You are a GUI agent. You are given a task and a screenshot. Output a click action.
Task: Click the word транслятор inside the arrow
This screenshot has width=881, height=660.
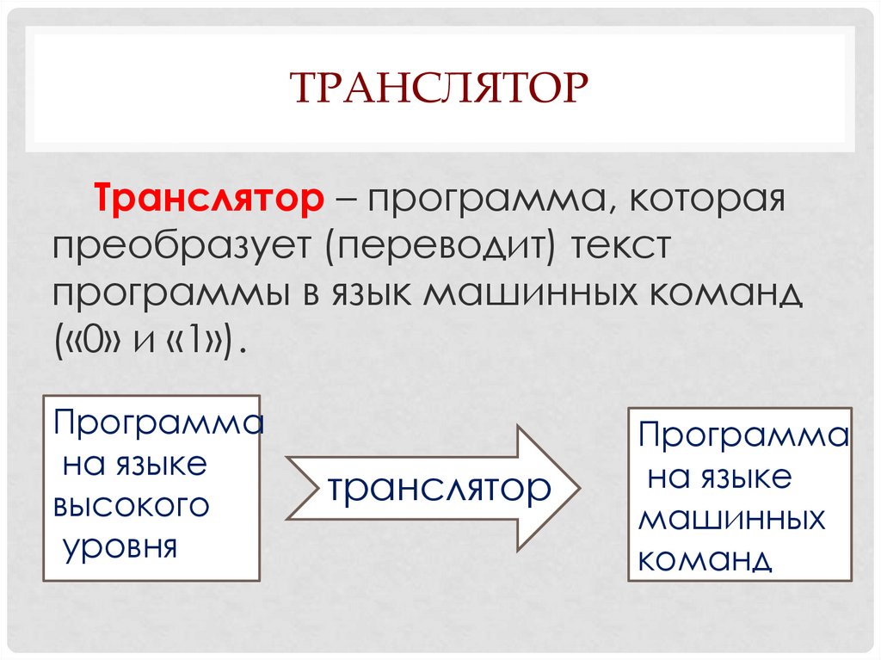click(x=437, y=488)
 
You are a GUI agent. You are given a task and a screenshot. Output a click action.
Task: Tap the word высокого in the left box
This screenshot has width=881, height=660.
click(x=132, y=505)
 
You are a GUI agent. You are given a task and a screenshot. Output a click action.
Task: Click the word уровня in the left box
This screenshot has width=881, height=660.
click(x=120, y=546)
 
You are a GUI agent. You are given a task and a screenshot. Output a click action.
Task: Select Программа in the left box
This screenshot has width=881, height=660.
click(x=157, y=423)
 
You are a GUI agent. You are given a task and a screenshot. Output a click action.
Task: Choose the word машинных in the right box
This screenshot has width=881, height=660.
click(x=731, y=519)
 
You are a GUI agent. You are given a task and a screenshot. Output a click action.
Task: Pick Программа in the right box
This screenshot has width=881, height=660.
click(x=742, y=435)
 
